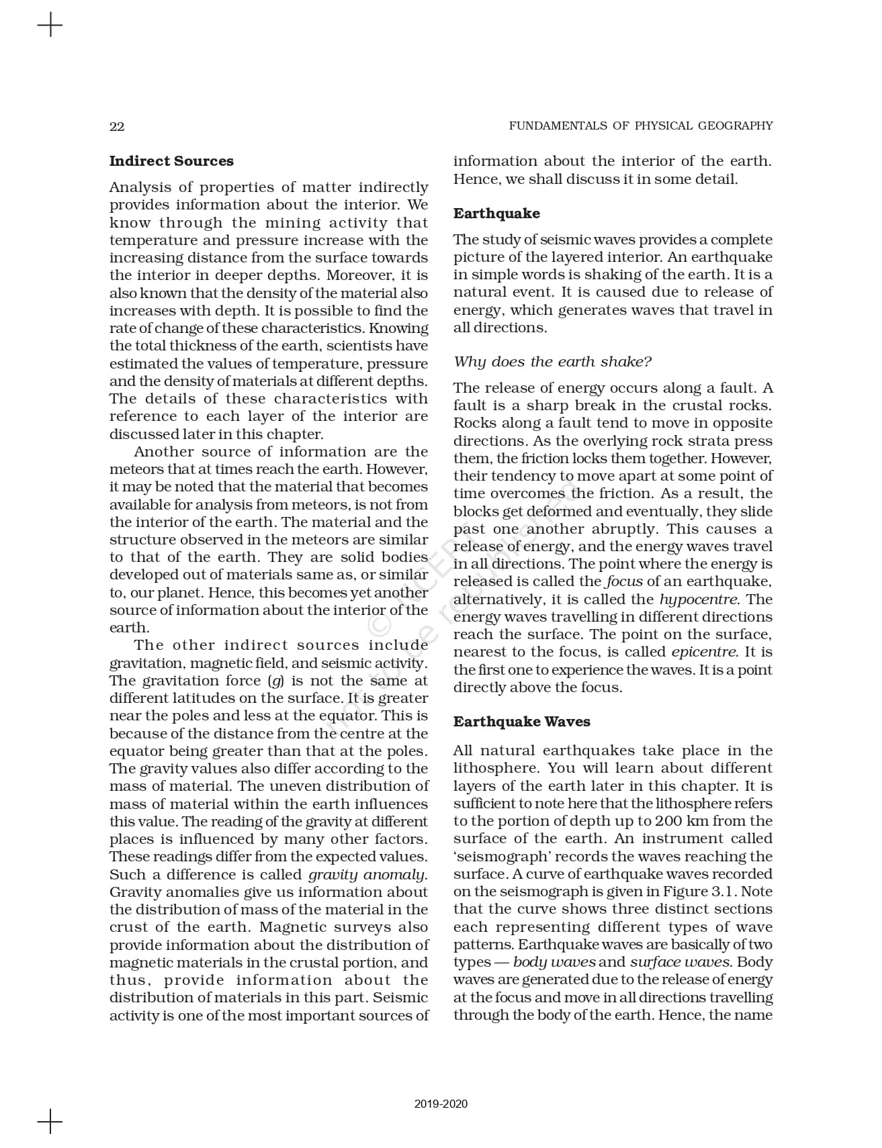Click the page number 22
pos(117,126)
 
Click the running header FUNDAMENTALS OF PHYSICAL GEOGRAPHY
pos(640,126)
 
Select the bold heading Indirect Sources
pos(171,161)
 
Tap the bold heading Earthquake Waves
pos(521,722)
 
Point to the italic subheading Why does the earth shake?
pos(552,362)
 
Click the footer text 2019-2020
pos(441,1104)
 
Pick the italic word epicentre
pos(703,652)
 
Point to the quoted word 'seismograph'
pos(494,857)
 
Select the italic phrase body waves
pos(554,962)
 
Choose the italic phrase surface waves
pos(680,962)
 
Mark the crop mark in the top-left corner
pos(50,26)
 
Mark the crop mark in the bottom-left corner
pos(50,1121)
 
